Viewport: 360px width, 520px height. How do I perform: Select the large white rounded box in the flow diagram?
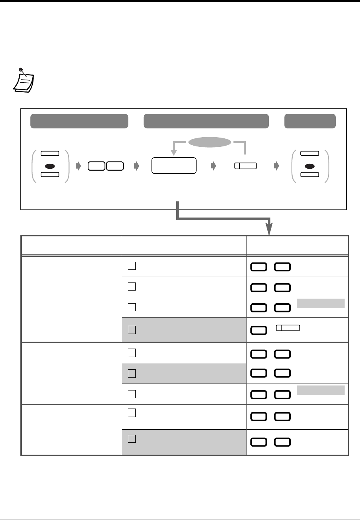[174, 166]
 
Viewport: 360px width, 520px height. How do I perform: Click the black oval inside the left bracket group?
[50, 166]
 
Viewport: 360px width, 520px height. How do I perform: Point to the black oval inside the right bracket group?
[310, 166]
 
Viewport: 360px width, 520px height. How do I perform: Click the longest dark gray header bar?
[206, 121]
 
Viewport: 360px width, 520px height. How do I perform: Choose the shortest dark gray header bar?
[310, 121]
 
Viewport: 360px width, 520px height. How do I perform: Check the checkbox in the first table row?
[132, 266]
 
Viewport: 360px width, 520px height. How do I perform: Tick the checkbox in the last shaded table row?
[132, 439]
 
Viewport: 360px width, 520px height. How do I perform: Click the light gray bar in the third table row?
[320, 303]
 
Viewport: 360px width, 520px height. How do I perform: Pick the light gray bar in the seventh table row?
[320, 390]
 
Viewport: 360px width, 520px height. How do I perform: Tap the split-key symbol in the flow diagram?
[246, 166]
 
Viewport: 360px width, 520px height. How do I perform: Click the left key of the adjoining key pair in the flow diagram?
[97, 166]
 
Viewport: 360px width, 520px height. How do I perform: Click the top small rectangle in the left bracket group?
[50, 153]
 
